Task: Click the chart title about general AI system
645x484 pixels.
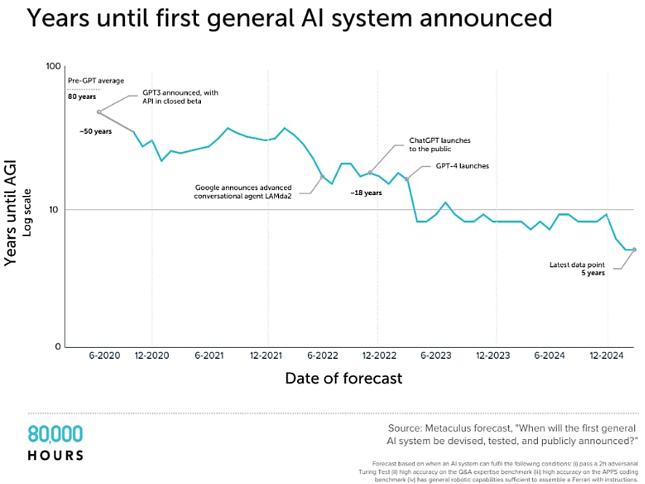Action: [x=288, y=18]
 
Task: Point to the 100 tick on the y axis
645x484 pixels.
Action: [x=52, y=67]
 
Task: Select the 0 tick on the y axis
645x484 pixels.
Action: [x=57, y=346]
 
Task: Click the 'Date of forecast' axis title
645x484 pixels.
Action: [x=343, y=378]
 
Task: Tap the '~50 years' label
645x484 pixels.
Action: [x=95, y=131]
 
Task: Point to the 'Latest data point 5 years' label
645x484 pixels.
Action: [x=578, y=269]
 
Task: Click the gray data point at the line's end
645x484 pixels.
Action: [x=634, y=250]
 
